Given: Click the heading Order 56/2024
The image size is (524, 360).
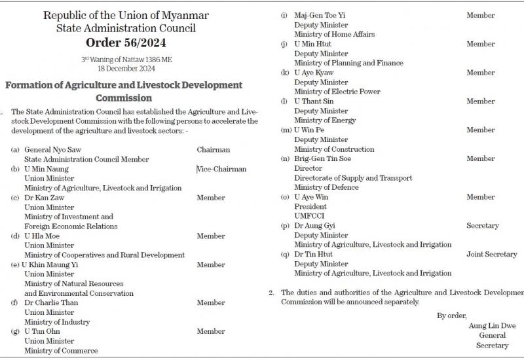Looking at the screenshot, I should [126, 43].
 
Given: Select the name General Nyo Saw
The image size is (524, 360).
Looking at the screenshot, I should [53, 149].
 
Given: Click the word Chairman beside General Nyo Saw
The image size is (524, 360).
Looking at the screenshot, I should [214, 149].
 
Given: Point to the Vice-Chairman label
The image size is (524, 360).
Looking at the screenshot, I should [222, 169].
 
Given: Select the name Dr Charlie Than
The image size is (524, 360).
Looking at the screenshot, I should [52, 303].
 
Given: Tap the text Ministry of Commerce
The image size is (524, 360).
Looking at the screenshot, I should [61, 351].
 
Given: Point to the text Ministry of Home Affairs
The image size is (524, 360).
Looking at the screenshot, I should [334, 34].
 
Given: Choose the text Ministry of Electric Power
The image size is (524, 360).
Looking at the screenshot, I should [337, 92].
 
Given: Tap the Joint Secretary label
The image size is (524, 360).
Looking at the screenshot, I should [491, 254].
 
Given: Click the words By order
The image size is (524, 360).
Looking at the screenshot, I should [451, 315].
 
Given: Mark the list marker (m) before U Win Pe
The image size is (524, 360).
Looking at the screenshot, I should [285, 130].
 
